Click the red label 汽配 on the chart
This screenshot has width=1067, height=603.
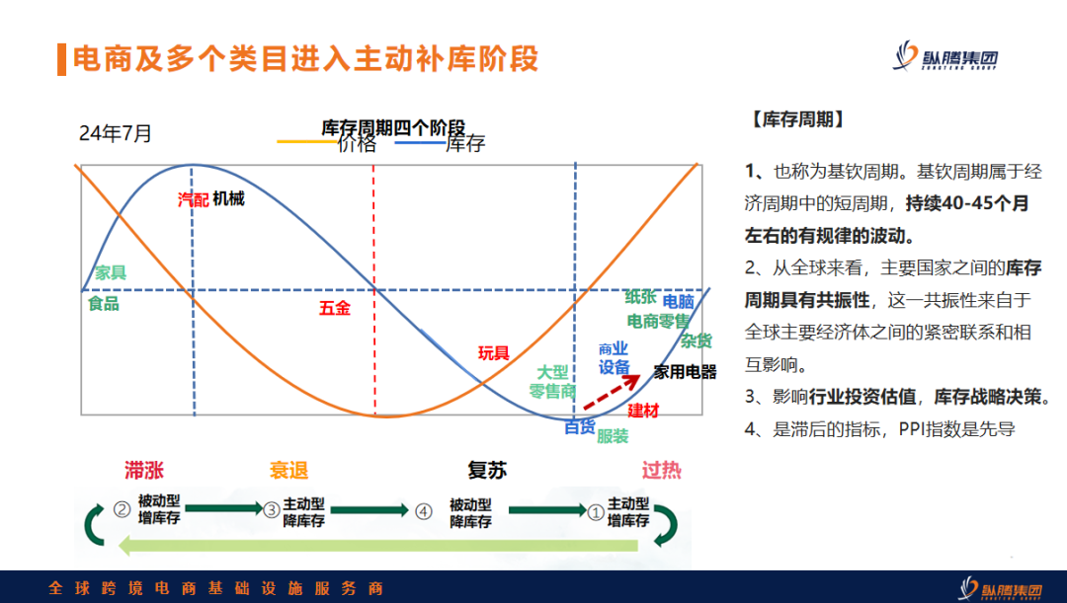click(x=193, y=199)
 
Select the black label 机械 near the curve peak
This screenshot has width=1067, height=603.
click(x=228, y=199)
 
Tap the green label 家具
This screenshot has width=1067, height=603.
click(x=110, y=273)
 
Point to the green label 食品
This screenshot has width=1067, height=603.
click(x=103, y=303)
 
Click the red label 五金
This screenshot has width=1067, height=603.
click(x=334, y=308)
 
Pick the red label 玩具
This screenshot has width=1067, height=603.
click(x=493, y=352)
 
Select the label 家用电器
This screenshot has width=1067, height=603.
click(x=685, y=372)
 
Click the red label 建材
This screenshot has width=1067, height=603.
click(x=642, y=410)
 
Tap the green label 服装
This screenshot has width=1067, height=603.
click(x=612, y=435)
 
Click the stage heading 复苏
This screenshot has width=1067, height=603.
click(x=487, y=470)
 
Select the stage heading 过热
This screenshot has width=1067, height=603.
click(x=661, y=470)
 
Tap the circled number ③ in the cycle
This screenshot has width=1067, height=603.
click(x=271, y=510)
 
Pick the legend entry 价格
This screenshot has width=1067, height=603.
click(x=357, y=144)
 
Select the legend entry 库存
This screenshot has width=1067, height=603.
click(x=464, y=144)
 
